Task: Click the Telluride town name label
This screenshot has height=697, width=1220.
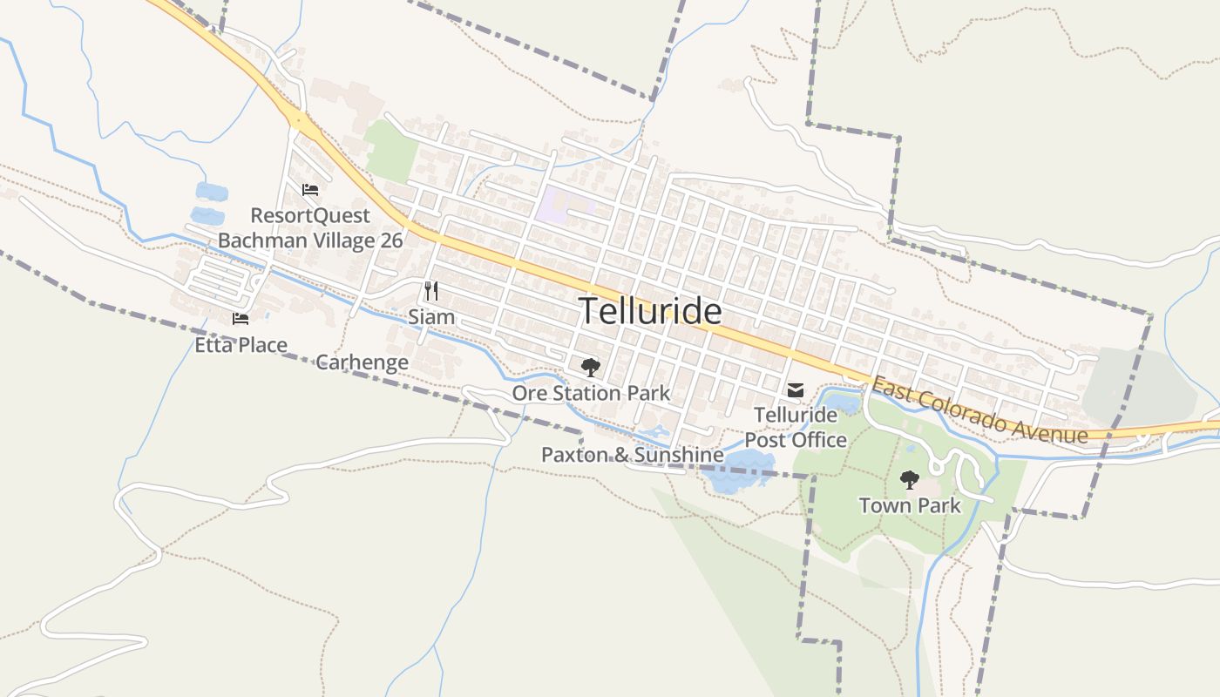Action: (650, 311)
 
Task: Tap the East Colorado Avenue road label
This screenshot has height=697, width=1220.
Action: (979, 409)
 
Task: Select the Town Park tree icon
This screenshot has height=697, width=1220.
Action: (910, 479)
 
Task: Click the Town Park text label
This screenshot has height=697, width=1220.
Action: (910, 505)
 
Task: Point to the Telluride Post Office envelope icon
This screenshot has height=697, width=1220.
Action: (796, 390)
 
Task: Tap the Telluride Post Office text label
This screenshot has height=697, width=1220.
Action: (795, 427)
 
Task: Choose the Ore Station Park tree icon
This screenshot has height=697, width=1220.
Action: (591, 368)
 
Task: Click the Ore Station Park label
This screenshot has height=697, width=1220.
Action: (591, 393)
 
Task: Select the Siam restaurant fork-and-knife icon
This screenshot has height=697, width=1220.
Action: (431, 291)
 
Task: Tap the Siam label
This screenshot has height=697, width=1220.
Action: (431, 316)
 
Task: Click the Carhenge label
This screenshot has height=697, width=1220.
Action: (362, 362)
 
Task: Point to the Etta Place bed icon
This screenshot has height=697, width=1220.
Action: (241, 319)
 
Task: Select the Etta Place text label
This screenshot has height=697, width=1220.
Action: (241, 345)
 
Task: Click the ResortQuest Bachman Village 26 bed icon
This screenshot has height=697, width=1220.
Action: (310, 190)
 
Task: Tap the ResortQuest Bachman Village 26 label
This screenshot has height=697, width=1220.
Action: (310, 227)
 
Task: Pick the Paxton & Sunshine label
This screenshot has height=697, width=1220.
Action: (632, 455)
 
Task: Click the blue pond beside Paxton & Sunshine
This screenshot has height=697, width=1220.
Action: (736, 473)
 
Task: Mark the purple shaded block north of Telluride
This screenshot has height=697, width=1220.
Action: (562, 205)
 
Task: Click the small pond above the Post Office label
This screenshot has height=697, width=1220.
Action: (842, 403)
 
